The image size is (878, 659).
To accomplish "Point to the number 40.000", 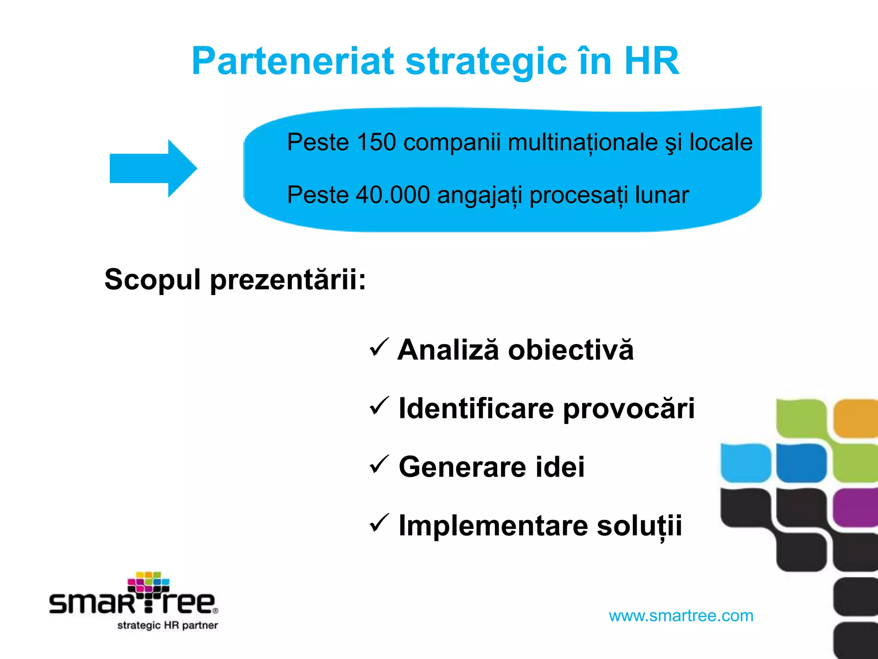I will [393, 195].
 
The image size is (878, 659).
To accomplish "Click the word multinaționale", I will [583, 142].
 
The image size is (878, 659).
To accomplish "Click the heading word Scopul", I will [152, 280].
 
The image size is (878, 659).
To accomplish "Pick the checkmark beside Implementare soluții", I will [379, 523].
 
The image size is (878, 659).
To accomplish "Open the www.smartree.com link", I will [681, 616].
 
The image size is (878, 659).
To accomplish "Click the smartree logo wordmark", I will [133, 601].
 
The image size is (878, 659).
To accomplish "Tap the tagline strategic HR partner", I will [168, 625].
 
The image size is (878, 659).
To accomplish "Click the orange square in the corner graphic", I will [855, 418].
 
